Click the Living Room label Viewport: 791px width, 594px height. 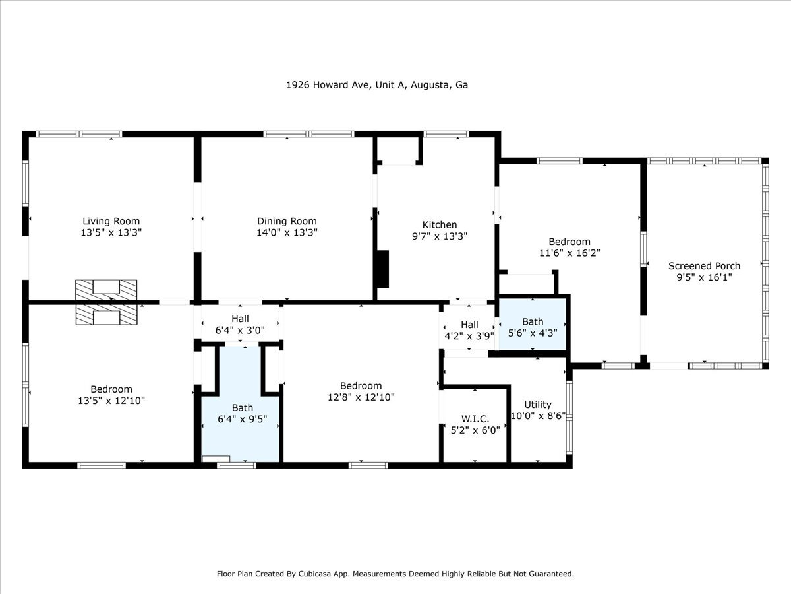111,221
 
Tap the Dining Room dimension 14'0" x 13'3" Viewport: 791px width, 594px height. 287,232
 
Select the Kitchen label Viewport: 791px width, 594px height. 439,224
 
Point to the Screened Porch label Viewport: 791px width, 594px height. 704,266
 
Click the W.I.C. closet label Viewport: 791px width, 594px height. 475,418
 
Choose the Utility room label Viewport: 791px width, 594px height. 538,405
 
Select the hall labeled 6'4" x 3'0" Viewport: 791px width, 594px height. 240,325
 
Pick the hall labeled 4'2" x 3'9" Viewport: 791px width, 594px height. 469,330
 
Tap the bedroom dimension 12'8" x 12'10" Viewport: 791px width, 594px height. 361,397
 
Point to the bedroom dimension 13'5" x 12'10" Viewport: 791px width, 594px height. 111,400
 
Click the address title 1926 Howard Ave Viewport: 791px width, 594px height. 376,85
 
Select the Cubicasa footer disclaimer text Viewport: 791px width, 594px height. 395,574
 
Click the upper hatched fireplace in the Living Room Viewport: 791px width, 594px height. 106,288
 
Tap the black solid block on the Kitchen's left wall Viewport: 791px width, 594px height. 382,269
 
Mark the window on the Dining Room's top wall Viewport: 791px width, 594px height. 308,134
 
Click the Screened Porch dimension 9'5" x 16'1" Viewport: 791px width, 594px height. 704,277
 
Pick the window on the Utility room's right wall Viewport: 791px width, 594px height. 570,416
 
